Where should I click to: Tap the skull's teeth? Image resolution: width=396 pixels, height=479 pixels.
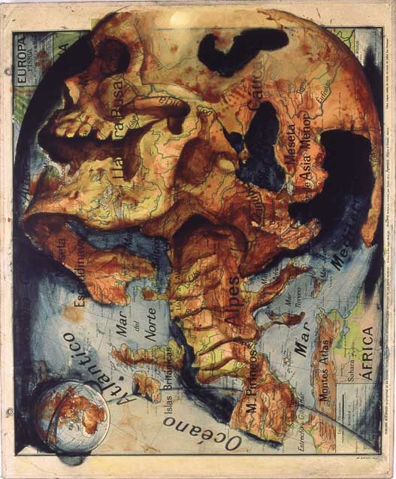pos(83,120)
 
